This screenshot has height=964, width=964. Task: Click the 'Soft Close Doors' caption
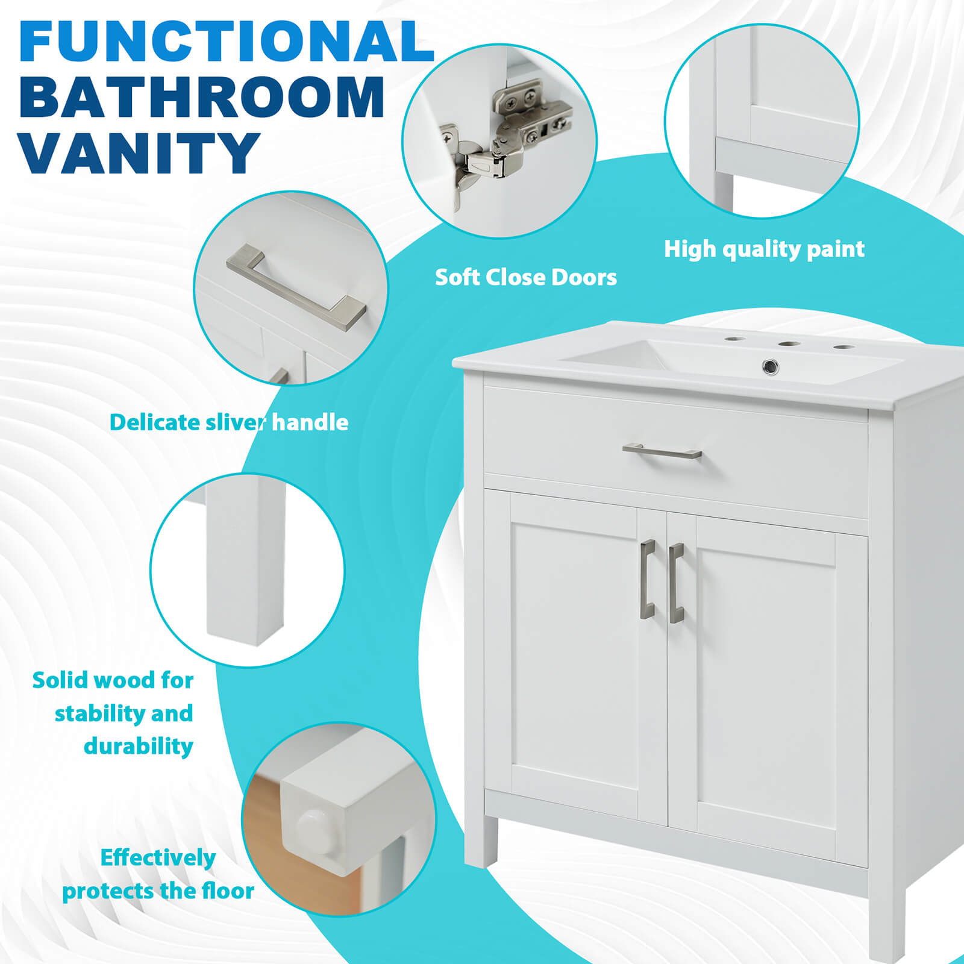coord(525,277)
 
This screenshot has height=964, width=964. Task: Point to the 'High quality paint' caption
coord(764,249)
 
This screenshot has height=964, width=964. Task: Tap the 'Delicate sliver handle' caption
coord(229,422)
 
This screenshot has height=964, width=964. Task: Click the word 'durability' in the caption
coord(139,746)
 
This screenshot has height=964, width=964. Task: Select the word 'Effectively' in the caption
coord(158,857)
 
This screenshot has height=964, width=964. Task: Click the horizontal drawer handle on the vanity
coord(662,451)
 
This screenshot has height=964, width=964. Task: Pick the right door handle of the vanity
coord(675,583)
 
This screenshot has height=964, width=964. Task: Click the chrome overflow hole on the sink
coord(771,365)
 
